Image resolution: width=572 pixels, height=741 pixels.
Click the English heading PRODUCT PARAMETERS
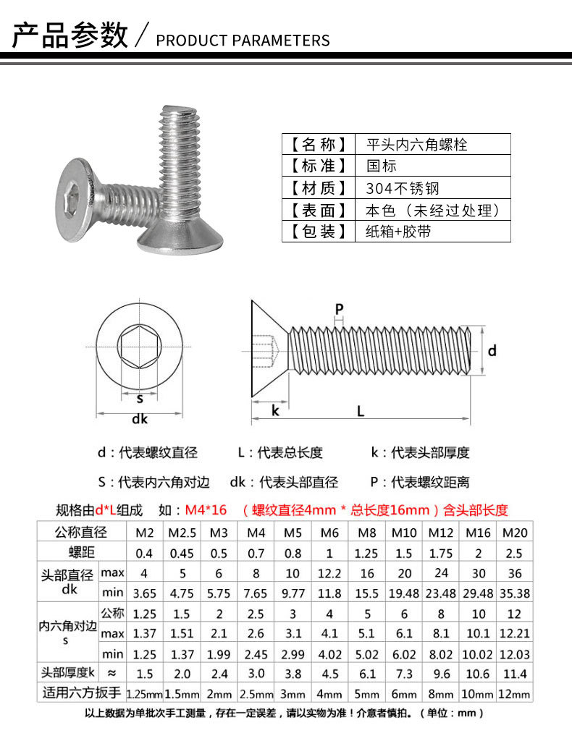point(243,40)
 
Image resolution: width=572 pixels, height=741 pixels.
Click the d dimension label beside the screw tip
point(492,350)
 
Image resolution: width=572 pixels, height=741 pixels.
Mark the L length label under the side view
point(360,410)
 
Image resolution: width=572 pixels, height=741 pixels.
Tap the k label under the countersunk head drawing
point(275,410)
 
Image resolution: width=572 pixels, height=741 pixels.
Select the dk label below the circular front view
point(140,419)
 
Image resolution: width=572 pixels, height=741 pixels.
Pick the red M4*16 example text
point(206,509)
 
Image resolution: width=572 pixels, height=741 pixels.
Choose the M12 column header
point(440,533)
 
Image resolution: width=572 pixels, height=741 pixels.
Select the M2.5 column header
point(182,533)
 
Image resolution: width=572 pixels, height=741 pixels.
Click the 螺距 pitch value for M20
point(515,553)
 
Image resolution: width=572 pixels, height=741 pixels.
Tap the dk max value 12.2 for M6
point(329,573)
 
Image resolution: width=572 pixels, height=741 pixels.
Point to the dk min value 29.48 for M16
point(478,593)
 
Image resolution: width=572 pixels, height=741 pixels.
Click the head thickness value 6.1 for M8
point(366,674)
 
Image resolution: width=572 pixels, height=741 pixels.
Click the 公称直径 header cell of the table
point(81,533)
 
